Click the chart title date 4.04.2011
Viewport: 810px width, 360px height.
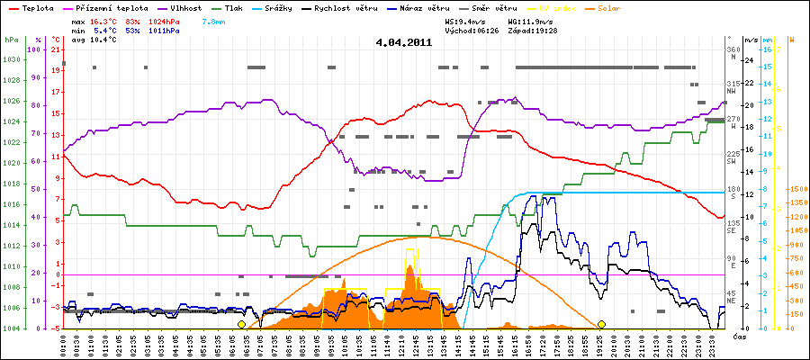click(x=404, y=42)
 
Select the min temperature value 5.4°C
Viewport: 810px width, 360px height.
click(x=105, y=30)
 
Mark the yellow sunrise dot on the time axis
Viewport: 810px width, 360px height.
click(x=241, y=324)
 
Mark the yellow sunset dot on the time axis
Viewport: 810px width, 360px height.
click(x=601, y=324)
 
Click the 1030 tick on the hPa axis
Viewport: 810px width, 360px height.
click(x=11, y=59)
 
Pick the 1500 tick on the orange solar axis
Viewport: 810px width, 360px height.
click(x=796, y=190)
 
